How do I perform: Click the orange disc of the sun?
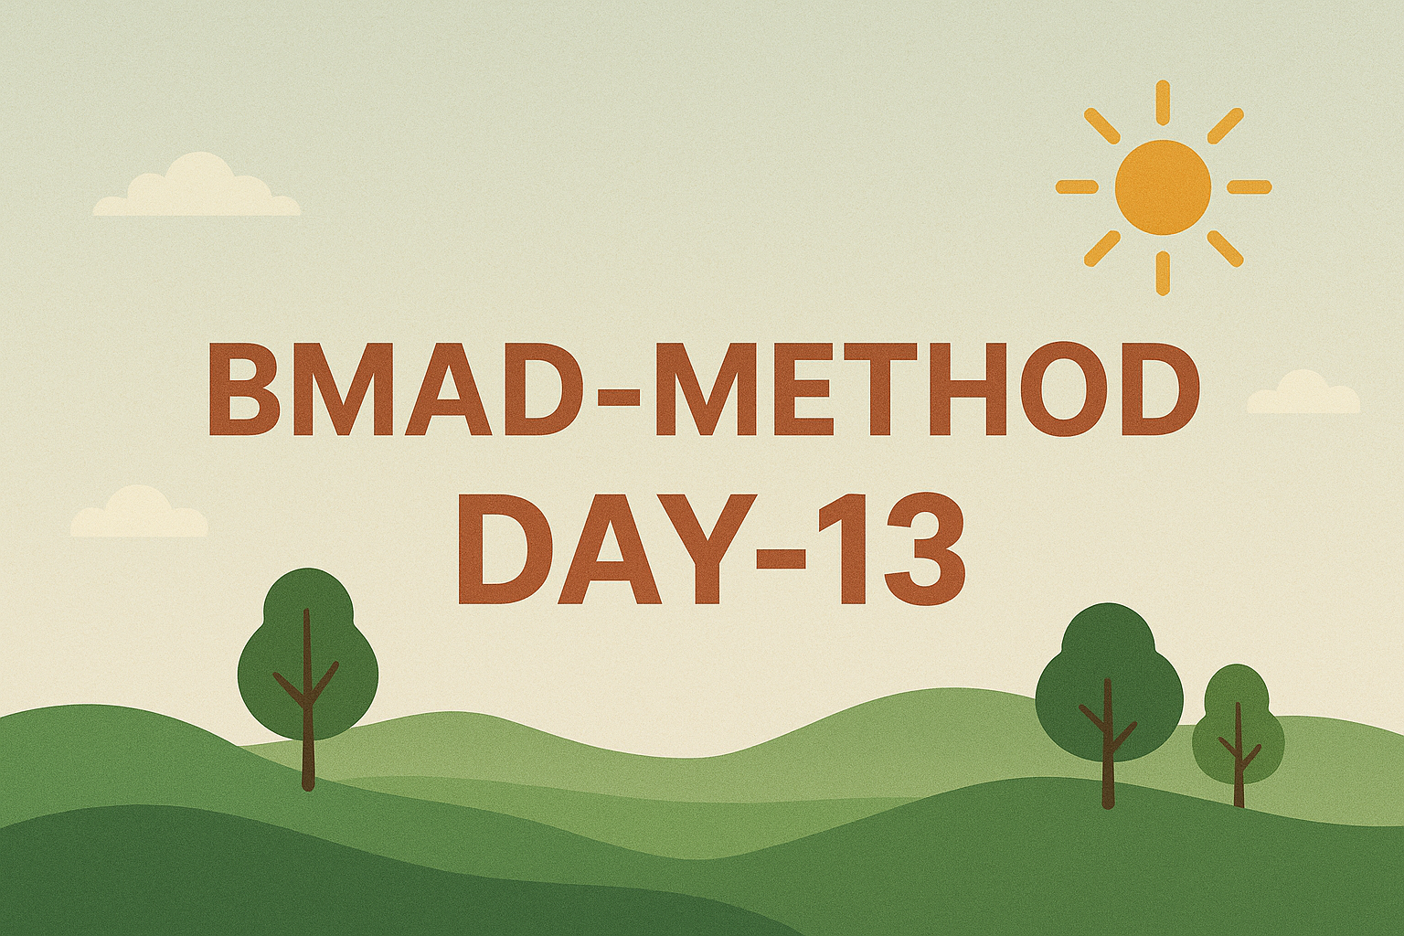(x=1164, y=186)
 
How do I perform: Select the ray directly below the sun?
(x=1164, y=272)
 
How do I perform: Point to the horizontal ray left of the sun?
(x=1077, y=186)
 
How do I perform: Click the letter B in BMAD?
(x=242, y=389)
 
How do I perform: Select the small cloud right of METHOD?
(x=1304, y=392)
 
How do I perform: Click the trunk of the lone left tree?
(x=307, y=699)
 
